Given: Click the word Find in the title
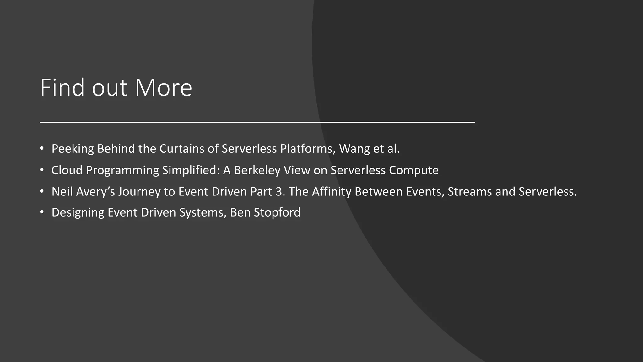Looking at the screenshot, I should click(62, 88).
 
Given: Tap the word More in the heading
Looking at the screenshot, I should click(163, 88).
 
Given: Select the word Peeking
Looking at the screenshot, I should click(73, 149).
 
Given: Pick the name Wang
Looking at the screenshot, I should click(354, 149).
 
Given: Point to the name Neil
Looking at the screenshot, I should click(62, 192).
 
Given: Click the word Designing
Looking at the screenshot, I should click(78, 213).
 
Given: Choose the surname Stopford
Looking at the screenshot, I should click(277, 213).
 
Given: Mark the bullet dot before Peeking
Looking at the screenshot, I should click(42, 148).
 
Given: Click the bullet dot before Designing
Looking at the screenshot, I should click(42, 212).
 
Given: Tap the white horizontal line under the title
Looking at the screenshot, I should click(257, 122).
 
